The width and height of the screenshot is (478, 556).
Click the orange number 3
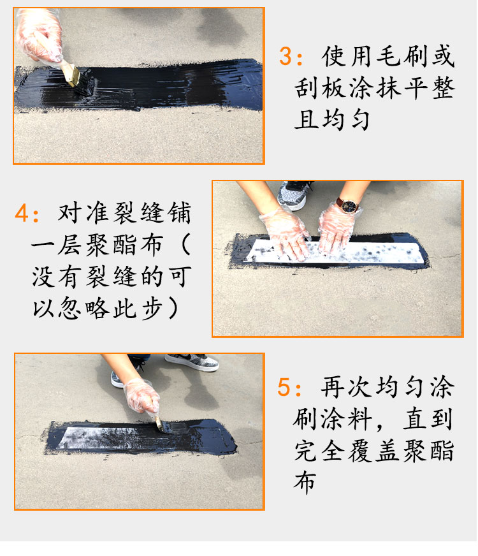[286, 57]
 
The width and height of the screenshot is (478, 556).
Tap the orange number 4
[22, 214]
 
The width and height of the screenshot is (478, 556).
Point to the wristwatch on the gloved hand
[348, 205]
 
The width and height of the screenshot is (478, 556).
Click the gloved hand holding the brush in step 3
[39, 36]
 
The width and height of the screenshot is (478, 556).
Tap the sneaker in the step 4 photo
[295, 194]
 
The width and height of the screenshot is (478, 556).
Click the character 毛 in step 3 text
[388, 57]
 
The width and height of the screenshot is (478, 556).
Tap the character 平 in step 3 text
[416, 88]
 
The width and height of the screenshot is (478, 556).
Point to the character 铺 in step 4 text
[180, 213]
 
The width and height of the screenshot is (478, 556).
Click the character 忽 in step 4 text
[71, 309]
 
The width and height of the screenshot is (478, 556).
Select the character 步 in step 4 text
[153, 309]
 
